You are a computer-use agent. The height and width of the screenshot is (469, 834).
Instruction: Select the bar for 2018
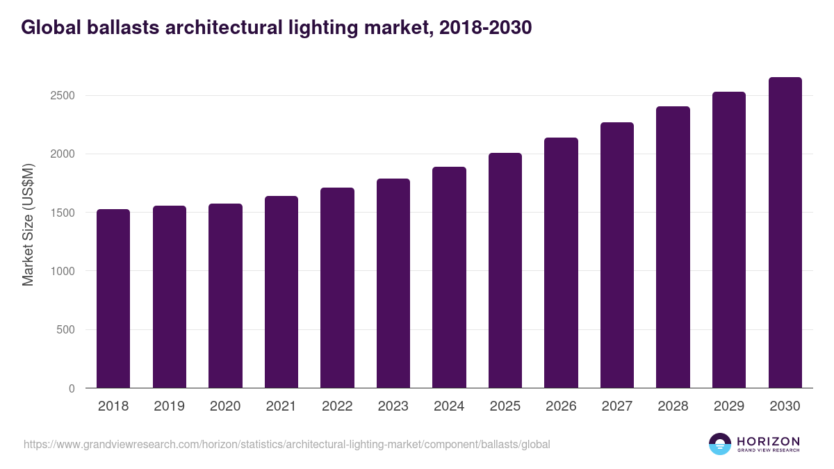point(113,299)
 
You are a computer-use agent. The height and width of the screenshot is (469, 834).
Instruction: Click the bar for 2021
point(281,292)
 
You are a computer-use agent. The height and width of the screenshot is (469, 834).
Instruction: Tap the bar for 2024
point(449,278)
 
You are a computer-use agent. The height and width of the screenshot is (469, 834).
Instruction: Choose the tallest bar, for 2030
point(785,233)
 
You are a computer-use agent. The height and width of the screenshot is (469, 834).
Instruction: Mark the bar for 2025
point(505,270)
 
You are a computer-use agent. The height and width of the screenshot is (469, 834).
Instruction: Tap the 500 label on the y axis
point(65,330)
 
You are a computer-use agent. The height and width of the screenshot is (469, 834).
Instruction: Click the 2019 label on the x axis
point(170,406)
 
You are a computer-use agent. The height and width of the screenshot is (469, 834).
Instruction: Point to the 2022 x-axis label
point(337,406)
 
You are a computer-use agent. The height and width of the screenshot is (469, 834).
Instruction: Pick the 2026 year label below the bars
point(561,406)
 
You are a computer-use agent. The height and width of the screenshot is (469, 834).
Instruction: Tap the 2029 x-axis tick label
point(729,406)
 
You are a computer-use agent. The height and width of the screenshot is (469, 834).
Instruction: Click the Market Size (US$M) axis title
point(28,225)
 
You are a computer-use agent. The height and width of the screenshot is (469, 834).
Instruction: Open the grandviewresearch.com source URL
point(286,444)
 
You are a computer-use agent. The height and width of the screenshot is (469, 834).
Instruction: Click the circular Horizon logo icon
point(720,444)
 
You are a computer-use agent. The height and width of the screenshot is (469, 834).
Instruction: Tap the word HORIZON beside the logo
point(768,441)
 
